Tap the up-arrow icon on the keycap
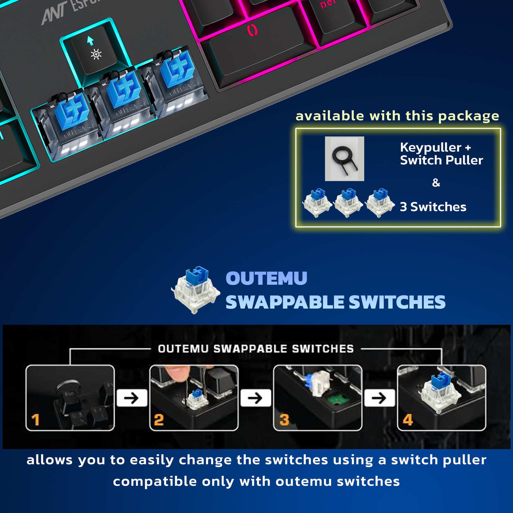(x=90, y=41)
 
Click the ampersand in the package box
(x=436, y=183)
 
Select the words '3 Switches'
(x=433, y=207)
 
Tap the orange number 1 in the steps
(x=35, y=420)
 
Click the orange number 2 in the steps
(x=159, y=420)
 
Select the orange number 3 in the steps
(x=284, y=420)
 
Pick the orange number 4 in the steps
(x=408, y=420)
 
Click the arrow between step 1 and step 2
(x=132, y=398)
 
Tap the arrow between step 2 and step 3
(x=255, y=398)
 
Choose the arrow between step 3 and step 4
(x=379, y=398)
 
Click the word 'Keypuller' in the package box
(x=430, y=148)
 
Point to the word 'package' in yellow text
(x=468, y=116)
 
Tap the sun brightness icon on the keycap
(x=96, y=54)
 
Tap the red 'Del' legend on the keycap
(x=328, y=4)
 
